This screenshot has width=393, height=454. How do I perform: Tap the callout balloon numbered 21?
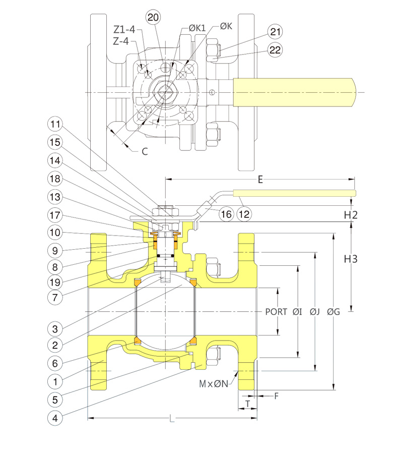(275, 32)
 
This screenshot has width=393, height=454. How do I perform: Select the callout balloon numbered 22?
(275, 49)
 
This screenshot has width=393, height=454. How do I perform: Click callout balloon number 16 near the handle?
(226, 214)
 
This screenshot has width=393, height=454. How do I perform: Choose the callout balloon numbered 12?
(244, 214)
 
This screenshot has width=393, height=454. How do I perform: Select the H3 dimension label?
(351, 259)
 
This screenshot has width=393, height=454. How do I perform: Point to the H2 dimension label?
(351, 215)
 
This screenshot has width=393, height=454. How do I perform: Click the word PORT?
(276, 312)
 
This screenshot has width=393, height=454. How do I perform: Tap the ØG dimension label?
(333, 312)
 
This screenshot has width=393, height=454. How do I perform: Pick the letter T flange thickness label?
(247, 405)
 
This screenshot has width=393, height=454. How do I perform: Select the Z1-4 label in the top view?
(124, 30)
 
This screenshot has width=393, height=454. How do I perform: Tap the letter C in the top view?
(145, 151)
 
